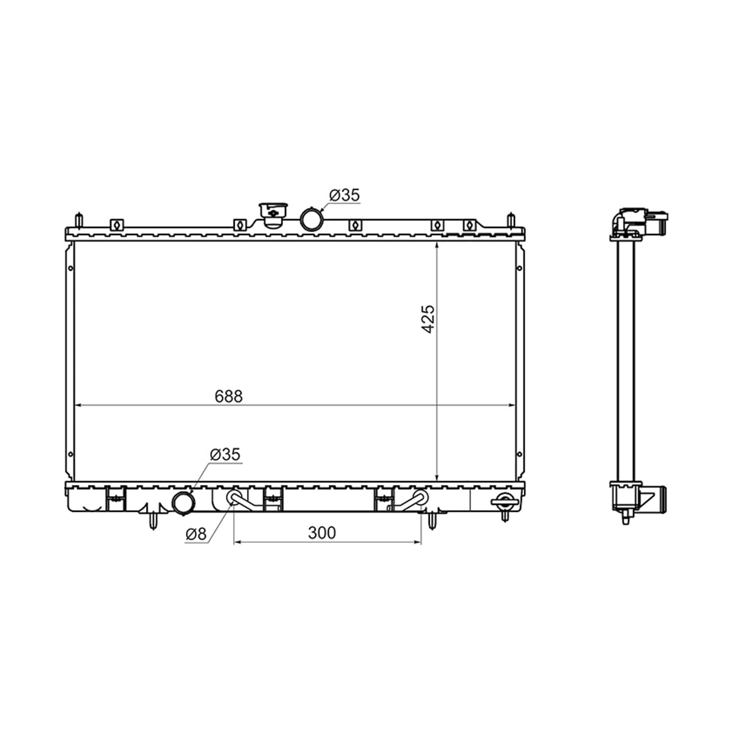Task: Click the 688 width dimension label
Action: [x=228, y=396]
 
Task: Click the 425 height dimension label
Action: [x=428, y=319]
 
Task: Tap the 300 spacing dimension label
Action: [x=322, y=533]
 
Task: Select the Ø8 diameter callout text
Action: [x=196, y=534]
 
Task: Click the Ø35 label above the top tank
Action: [x=345, y=195]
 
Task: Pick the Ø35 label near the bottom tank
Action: [x=225, y=454]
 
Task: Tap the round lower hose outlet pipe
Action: [x=184, y=503]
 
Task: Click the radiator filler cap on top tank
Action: [x=272, y=215]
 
